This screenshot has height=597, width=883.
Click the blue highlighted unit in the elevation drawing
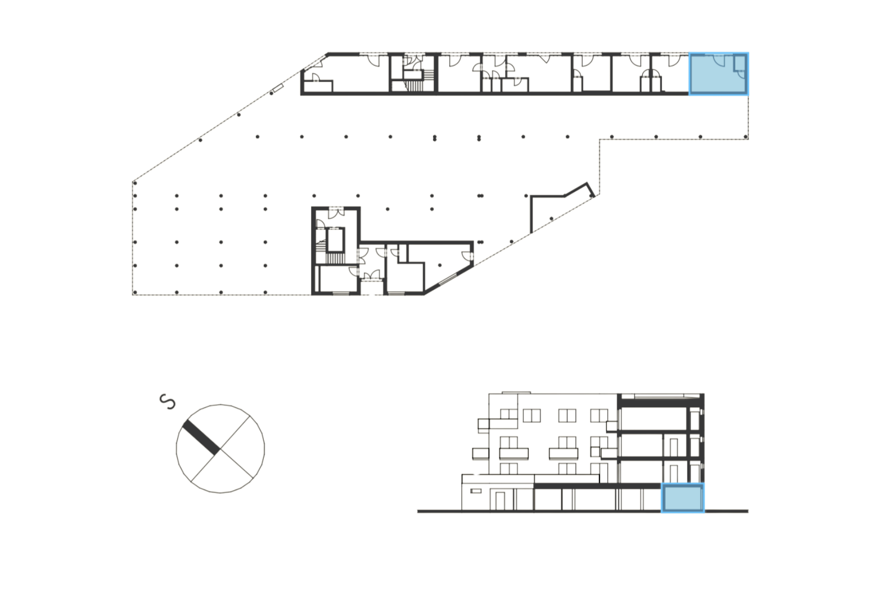pyautogui.click(x=683, y=498)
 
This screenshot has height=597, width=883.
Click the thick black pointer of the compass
pyautogui.click(x=200, y=434)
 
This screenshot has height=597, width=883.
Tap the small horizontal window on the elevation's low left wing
pyautogui.click(x=475, y=491)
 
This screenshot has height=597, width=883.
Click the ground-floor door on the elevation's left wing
pyautogui.click(x=500, y=500)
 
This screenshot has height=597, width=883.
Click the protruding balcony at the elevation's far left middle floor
pyautogui.click(x=480, y=453)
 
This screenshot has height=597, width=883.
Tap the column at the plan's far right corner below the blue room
pyautogui.click(x=746, y=137)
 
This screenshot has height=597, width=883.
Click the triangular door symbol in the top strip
pyautogui.click(x=545, y=59)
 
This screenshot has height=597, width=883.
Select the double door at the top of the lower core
pyautogui.click(x=334, y=212)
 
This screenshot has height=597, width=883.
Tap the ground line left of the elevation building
pyautogui.click(x=438, y=512)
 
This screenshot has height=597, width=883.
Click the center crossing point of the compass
pyautogui.click(x=220, y=448)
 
